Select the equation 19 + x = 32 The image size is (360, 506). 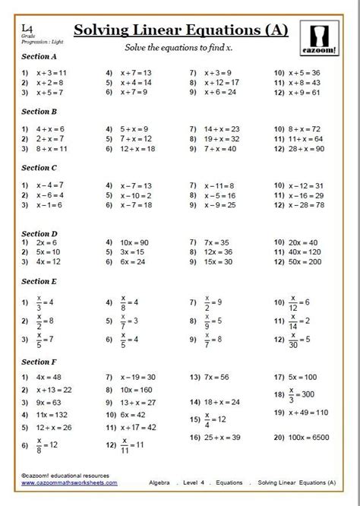(x=222, y=140)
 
